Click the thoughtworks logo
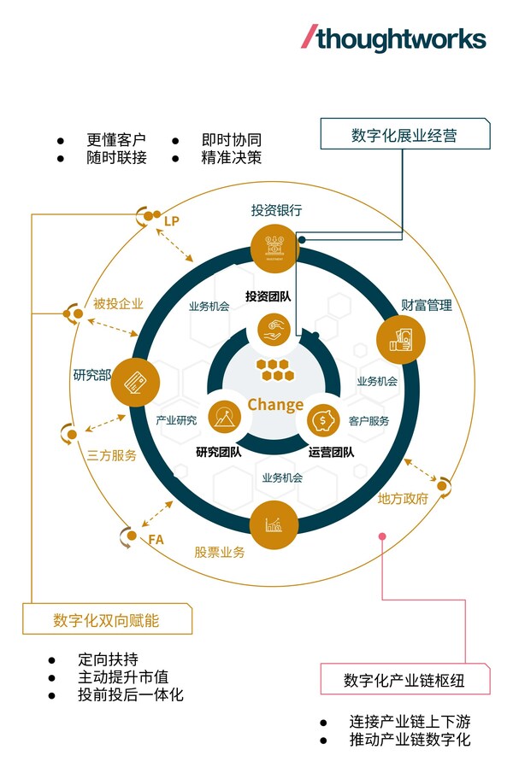394,38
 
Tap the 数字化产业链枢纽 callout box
405,680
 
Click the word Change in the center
275,404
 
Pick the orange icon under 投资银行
274,245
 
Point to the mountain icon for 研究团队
225,418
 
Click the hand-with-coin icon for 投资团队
275,331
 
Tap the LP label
173,221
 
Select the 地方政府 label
403,498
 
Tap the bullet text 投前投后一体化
130,694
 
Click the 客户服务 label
369,420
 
